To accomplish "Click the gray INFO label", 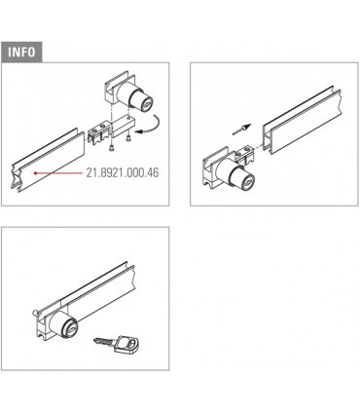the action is pos(21,52).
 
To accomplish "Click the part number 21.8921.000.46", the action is pos(123,172).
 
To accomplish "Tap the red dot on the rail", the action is pos(35,173).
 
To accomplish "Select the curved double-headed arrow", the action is pos(148,124).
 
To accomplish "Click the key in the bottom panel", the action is pos(118,344).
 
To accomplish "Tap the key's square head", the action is pos(127,344).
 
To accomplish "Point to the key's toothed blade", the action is pos(103,341).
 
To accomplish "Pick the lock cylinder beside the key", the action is pos(64,323).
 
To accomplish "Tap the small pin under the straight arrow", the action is pos(238,131).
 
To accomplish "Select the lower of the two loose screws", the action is pos(112,148).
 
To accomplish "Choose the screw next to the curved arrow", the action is pos(127,138).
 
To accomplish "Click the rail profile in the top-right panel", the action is pos(302,120).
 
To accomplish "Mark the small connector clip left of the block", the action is pos(99,132).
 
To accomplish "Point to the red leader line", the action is pos(60,173).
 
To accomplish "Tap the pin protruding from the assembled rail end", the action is pos(36,313).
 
